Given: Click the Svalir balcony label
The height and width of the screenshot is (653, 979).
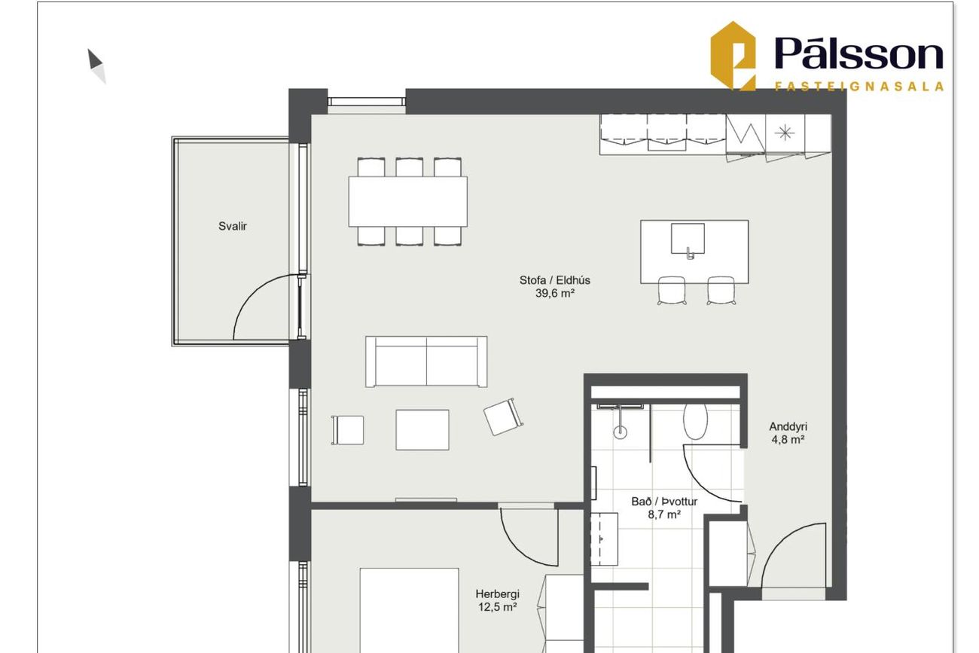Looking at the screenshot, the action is [x=233, y=226].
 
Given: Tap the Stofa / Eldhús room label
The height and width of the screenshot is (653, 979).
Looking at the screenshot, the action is [x=554, y=280].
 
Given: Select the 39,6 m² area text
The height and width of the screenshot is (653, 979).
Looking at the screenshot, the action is [x=554, y=293].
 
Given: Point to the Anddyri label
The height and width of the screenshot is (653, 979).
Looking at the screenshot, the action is [x=788, y=426].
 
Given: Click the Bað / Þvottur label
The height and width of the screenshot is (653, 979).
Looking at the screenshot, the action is [x=664, y=502].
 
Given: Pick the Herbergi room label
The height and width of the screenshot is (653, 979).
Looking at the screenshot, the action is [x=497, y=594].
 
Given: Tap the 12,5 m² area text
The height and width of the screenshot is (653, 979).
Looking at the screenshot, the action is [x=497, y=607].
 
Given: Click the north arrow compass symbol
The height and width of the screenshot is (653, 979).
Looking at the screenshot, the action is [x=96, y=66].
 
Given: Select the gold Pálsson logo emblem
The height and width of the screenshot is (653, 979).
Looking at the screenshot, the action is [x=733, y=56].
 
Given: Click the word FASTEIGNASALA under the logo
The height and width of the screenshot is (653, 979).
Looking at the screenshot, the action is [x=859, y=86].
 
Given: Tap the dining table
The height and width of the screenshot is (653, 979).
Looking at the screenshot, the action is [x=407, y=202].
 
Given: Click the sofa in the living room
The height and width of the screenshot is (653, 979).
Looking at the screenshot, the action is [x=426, y=362].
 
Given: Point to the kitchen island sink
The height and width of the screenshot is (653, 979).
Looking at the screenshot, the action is [x=688, y=239].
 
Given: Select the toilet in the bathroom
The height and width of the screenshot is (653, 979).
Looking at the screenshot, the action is [x=695, y=421].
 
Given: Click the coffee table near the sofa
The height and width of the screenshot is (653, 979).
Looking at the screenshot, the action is [x=422, y=429].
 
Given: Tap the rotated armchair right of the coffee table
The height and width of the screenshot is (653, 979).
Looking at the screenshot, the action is [x=503, y=417].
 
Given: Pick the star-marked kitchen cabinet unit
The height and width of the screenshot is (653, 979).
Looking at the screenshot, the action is [x=785, y=133].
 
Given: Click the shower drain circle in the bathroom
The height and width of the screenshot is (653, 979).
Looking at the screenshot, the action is [x=620, y=433].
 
